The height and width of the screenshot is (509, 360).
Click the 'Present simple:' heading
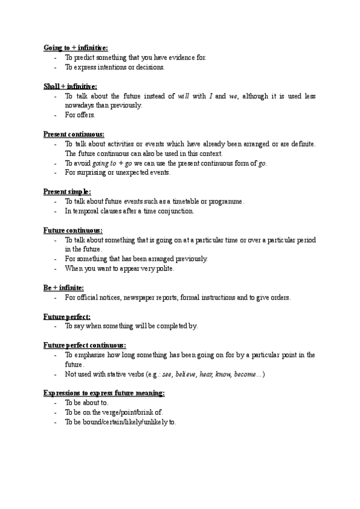67,191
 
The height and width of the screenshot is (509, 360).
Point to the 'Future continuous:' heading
73,230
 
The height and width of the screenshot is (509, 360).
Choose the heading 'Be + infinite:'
63,288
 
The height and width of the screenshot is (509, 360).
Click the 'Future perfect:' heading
67,316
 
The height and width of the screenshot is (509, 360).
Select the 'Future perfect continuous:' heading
85,345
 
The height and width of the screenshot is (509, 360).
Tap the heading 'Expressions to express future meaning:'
104,393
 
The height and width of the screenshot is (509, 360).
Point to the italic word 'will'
184,96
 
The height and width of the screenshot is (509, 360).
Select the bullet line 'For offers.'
80,115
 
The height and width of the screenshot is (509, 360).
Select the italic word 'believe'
186,375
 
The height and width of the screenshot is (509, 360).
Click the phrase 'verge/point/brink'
125,413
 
